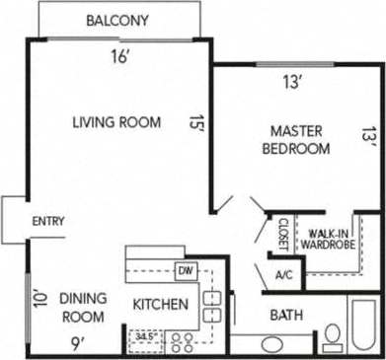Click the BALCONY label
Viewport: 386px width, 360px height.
117,20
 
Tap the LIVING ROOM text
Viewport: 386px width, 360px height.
116,122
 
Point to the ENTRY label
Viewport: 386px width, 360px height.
48,222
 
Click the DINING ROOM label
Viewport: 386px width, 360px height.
82,307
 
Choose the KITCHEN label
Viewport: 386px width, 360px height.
160,305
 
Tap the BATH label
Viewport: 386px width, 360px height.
287,316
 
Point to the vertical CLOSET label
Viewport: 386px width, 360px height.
282,236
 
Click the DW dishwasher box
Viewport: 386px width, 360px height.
185,270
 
